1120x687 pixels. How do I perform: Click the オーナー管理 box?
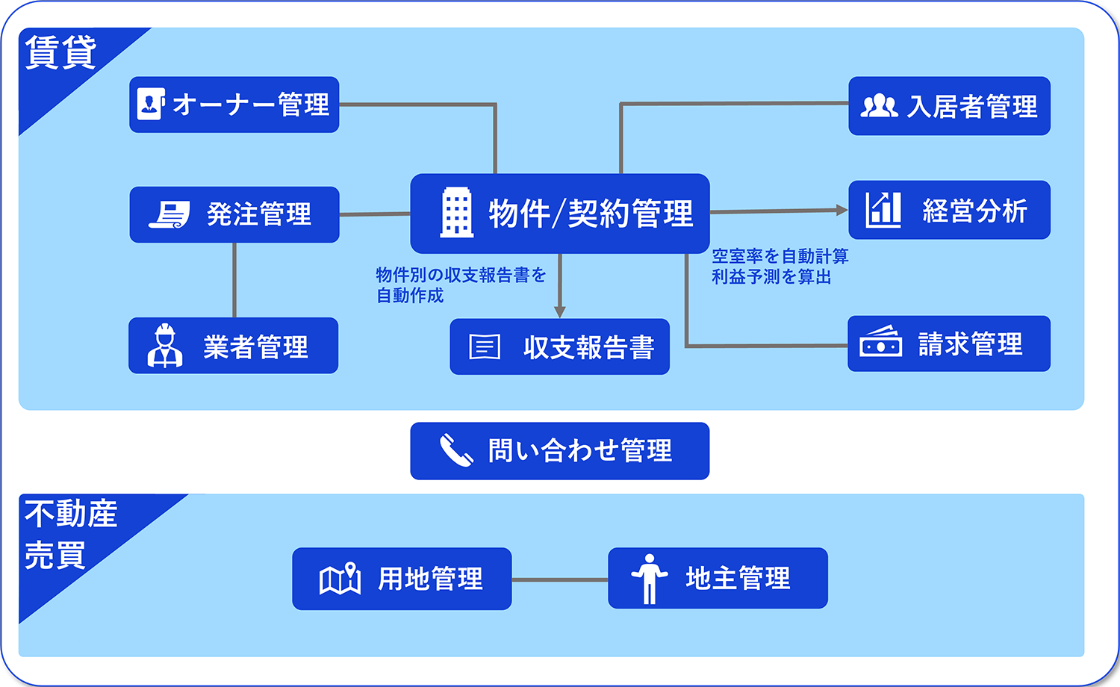click(234, 105)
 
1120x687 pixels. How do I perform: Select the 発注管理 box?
click(234, 214)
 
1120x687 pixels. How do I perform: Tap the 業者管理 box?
click(233, 346)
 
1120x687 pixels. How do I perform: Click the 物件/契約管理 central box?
click(560, 214)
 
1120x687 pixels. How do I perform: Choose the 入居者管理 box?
click(949, 106)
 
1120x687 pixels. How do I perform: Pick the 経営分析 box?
click(949, 210)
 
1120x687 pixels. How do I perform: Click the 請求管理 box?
click(949, 343)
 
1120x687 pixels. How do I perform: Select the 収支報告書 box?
click(559, 346)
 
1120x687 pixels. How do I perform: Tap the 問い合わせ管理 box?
click(560, 451)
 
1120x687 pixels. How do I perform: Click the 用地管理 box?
click(402, 579)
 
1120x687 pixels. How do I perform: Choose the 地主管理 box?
click(718, 578)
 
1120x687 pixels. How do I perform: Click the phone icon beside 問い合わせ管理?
click(455, 450)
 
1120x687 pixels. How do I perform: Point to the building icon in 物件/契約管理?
click(456, 213)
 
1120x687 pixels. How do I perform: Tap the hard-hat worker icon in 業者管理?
click(165, 346)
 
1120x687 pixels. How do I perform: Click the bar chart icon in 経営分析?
click(883, 210)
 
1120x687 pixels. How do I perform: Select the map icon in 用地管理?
click(340, 579)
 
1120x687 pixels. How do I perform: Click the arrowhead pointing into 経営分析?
click(841, 211)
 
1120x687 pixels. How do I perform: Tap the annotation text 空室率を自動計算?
click(780, 256)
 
